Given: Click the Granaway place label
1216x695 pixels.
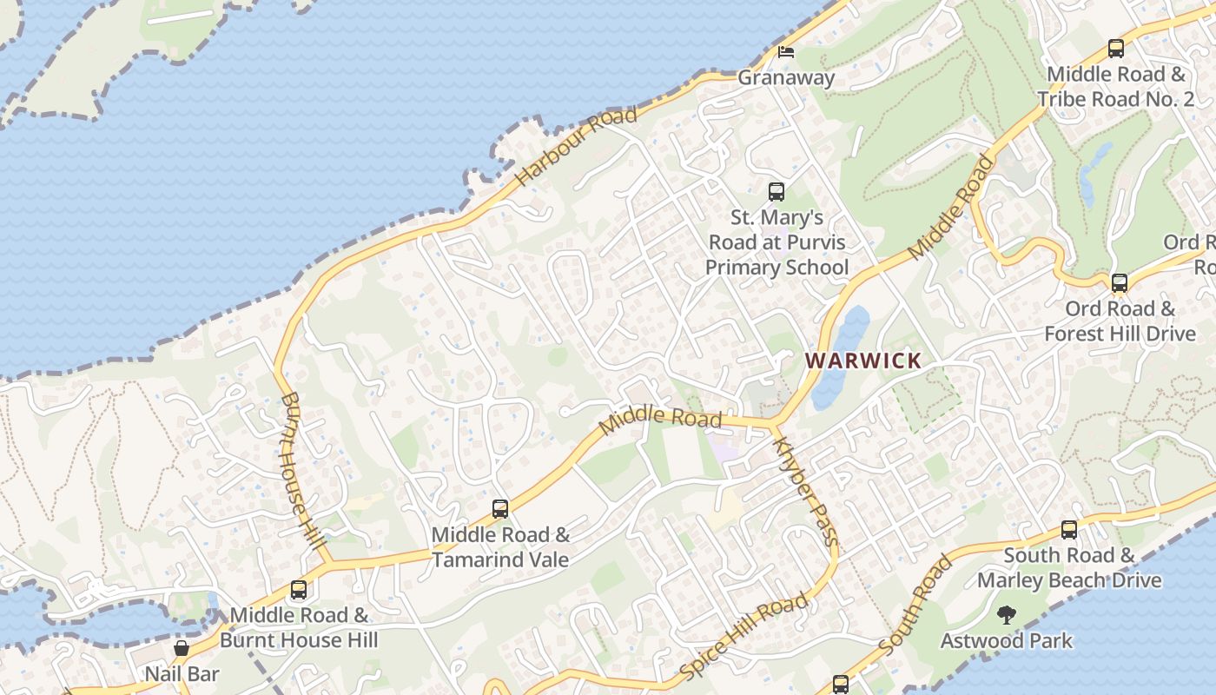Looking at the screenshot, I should (x=786, y=77).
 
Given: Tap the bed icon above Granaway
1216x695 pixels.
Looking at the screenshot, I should (x=786, y=52).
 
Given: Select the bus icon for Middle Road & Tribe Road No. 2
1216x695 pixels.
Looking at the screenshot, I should (x=1116, y=49).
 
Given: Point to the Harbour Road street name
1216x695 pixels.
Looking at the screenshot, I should (x=576, y=145).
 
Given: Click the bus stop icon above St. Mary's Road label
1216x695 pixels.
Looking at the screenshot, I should (x=777, y=192).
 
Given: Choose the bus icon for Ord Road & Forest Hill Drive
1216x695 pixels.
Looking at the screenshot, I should (x=1120, y=282).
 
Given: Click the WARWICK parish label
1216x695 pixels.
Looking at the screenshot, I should (x=863, y=361).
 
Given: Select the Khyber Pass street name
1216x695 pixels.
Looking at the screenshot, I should (x=805, y=490).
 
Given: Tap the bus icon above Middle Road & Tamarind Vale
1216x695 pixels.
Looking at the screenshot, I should (x=500, y=509).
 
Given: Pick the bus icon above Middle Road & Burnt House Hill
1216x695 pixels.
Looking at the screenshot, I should (x=299, y=590).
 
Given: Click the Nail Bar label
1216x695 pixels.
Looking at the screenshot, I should (x=182, y=673).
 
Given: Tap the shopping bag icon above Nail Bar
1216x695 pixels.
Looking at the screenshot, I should (x=182, y=648).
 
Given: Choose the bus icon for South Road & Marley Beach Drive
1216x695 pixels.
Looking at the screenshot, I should (x=1069, y=530).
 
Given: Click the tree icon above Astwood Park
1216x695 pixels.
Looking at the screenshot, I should (x=1007, y=616).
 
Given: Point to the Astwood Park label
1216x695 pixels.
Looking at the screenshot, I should (x=1007, y=641).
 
